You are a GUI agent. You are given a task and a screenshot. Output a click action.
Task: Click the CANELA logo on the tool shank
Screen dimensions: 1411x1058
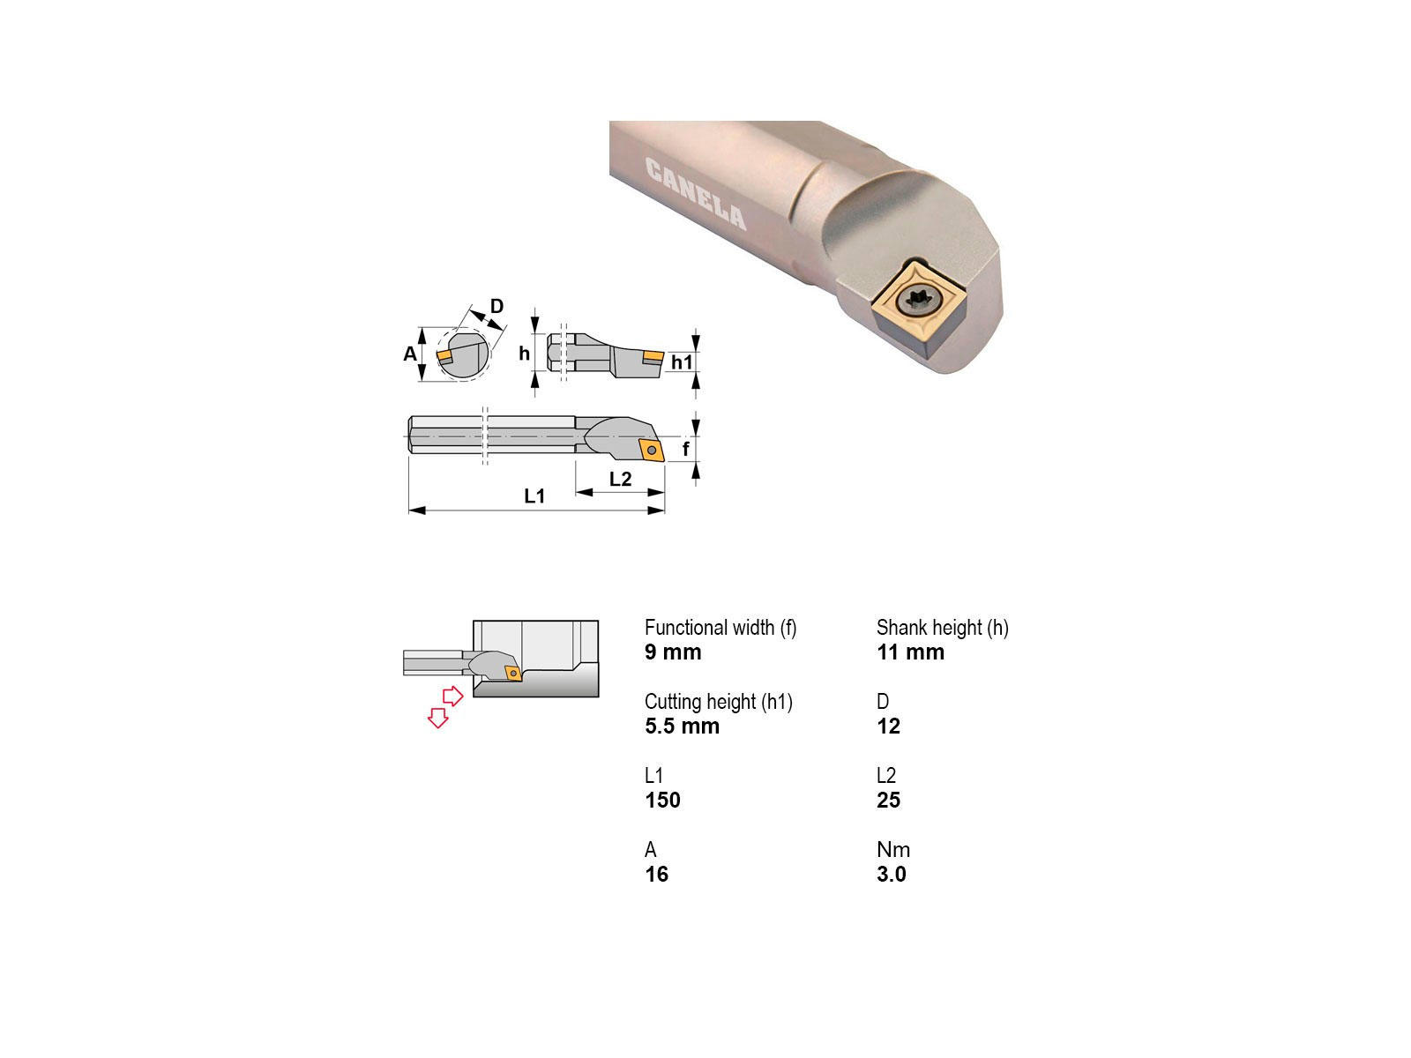pos(696,193)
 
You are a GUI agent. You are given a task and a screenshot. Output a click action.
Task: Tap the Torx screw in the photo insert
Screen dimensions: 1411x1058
pos(920,302)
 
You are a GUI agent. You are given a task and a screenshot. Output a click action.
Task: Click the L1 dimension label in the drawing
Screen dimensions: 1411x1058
pos(534,495)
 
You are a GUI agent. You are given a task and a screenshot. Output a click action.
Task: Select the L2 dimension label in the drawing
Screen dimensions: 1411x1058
pos(620,479)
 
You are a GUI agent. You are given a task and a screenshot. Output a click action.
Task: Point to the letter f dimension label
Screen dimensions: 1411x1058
pos(686,449)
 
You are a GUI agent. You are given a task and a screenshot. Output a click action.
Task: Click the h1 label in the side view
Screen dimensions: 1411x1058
pos(682,362)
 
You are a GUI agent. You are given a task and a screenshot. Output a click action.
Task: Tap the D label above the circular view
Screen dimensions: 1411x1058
pos(496,306)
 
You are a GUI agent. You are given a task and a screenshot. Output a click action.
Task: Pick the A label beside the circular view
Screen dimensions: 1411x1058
pos(409,354)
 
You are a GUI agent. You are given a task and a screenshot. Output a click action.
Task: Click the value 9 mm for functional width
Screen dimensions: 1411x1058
pos(672,652)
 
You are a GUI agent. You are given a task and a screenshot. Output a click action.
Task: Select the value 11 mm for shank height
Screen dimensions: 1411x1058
pos(910,652)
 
